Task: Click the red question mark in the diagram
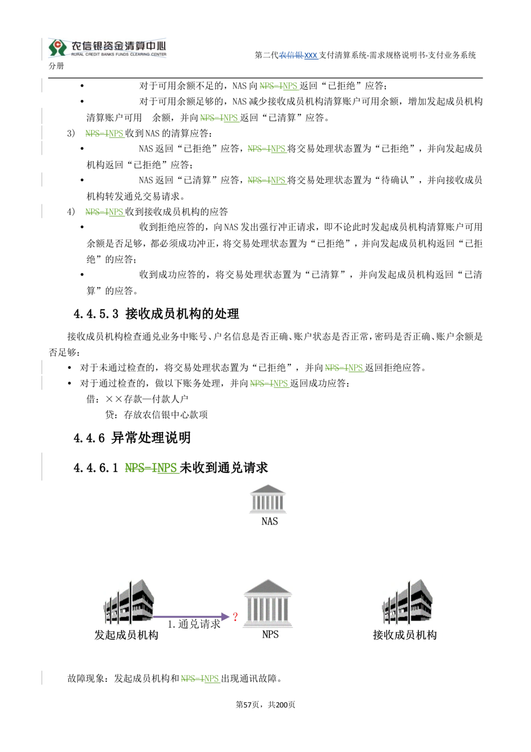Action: tap(235, 616)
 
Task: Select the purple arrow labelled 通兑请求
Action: tap(191, 616)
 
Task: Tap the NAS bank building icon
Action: tap(268, 499)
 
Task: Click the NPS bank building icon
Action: tap(268, 603)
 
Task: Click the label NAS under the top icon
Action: tap(270, 521)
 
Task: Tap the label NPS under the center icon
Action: tap(270, 635)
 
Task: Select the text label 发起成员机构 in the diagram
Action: tap(126, 635)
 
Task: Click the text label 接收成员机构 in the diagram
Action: tap(405, 635)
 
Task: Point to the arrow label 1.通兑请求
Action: tap(194, 624)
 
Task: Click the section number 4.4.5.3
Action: tap(96, 314)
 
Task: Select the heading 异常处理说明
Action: tap(151, 438)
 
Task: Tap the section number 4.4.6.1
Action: tap(96, 468)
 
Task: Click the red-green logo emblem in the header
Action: tap(57, 47)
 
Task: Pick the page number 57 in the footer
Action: tap(247, 705)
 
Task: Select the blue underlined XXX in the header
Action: tap(311, 55)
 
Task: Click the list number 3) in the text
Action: tap(71, 133)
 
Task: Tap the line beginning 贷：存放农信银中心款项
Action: tap(156, 415)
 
